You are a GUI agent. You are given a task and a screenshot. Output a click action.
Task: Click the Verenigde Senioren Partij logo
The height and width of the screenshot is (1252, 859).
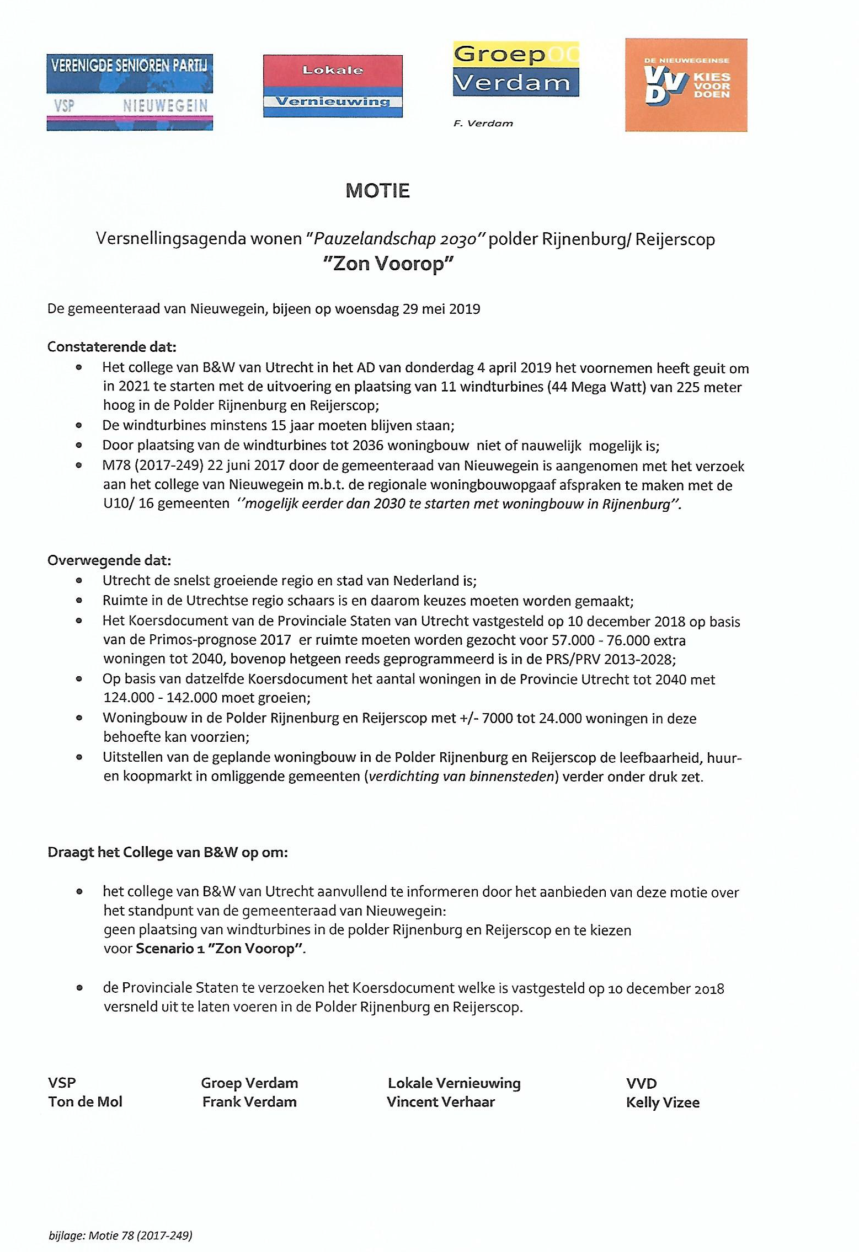coord(130,92)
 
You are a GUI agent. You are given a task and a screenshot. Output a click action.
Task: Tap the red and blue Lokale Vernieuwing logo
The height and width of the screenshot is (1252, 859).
coord(333,86)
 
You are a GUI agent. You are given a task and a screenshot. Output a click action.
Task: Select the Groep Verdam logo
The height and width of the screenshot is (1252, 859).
coord(516,69)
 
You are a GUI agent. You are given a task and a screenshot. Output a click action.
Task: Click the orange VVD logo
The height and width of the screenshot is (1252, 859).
coord(686,85)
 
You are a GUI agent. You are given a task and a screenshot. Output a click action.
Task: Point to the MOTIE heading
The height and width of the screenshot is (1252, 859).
coord(377,191)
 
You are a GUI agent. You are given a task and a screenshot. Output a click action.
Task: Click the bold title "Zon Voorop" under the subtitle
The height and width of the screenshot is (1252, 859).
coord(388,264)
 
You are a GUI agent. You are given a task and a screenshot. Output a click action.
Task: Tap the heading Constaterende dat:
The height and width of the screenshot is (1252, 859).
coord(112,347)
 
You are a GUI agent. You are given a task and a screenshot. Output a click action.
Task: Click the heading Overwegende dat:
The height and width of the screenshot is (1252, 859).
coord(109,560)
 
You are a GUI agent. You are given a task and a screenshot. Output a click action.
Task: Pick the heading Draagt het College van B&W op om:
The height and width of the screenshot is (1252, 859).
coord(168,852)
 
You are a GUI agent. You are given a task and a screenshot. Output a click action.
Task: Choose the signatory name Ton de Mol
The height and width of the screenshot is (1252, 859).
coord(85,1101)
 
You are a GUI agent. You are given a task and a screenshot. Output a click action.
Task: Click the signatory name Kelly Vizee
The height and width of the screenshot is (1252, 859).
coord(663,1103)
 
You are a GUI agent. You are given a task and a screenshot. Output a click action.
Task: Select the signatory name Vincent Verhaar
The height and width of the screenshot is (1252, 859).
coord(441,1101)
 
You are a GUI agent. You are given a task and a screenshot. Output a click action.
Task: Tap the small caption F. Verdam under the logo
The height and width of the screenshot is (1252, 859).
coord(483,124)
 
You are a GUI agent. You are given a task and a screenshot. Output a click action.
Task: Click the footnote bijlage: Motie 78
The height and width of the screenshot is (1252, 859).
coord(120,1236)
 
